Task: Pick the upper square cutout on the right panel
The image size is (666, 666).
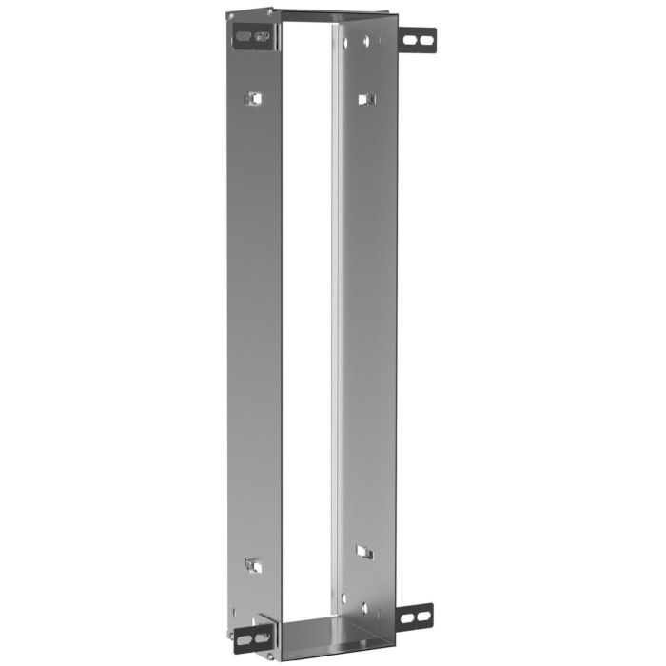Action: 365,99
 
